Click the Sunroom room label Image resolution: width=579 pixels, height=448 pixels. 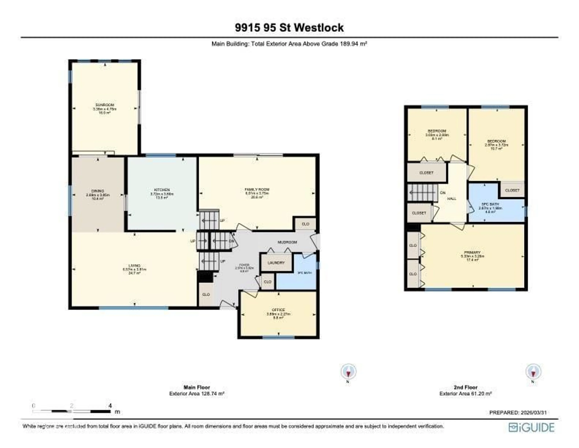pyautogui.click(x=105, y=105)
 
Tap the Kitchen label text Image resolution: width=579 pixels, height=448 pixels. pyautogui.click(x=162, y=190)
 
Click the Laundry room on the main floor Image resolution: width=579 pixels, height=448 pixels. pyautogui.click(x=276, y=263)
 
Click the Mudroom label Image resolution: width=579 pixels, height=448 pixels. pyautogui.click(x=287, y=242)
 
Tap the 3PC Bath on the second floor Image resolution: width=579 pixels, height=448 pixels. pyautogui.click(x=490, y=204)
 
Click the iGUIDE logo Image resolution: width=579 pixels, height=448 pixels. pyautogui.click(x=531, y=428)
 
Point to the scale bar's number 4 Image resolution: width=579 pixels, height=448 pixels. pyautogui.click(x=110, y=406)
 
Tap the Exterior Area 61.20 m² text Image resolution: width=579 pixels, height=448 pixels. pyautogui.click(x=465, y=393)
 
